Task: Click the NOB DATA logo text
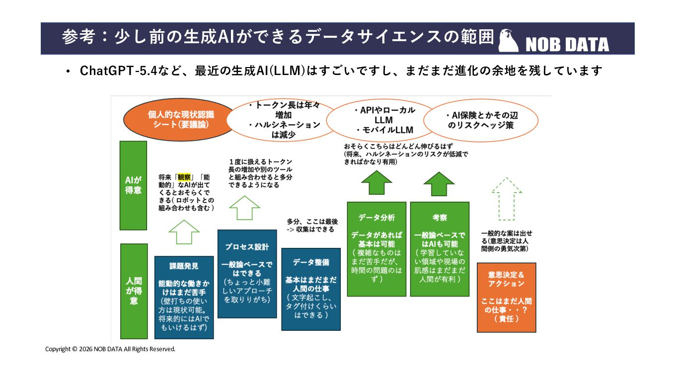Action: (x=567, y=45)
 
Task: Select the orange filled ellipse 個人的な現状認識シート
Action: (x=180, y=120)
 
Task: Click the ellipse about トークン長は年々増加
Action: (x=284, y=120)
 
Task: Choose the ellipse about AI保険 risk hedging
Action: (x=480, y=120)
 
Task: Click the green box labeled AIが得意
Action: (x=133, y=185)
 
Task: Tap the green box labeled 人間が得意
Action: (x=134, y=291)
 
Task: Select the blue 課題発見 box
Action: (x=184, y=297)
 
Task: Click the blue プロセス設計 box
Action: (x=247, y=273)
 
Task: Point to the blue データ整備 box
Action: (x=311, y=289)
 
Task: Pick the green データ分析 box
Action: (x=376, y=249)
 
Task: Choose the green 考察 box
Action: (x=440, y=249)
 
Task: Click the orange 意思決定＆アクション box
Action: (x=506, y=297)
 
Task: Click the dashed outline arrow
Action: (x=506, y=199)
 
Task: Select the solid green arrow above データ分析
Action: (x=376, y=183)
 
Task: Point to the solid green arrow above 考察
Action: (x=439, y=184)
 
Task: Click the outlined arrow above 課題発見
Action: (x=184, y=231)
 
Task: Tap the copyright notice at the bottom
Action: (x=110, y=349)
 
